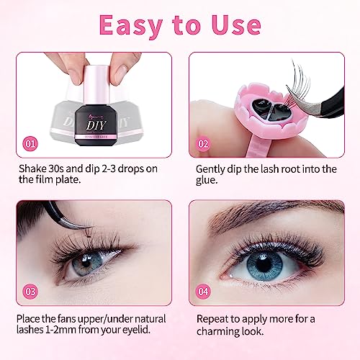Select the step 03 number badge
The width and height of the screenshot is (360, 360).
pyautogui.click(x=30, y=292)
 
